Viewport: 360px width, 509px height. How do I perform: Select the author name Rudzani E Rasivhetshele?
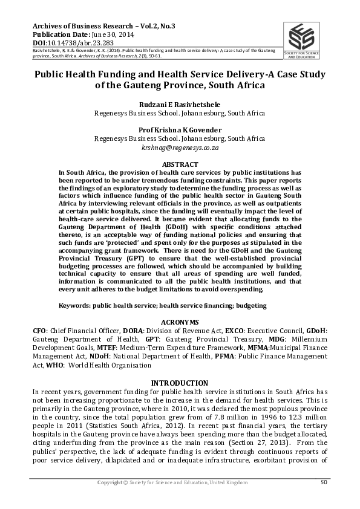[x=180, y=104]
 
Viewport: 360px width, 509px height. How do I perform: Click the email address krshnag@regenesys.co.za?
[x=180, y=147]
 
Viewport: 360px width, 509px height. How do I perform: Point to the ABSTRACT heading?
[x=180, y=164]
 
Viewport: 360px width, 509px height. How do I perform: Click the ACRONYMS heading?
[x=180, y=322]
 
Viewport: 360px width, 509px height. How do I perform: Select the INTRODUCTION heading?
[x=180, y=383]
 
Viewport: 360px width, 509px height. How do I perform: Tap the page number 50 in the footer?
[x=324, y=482]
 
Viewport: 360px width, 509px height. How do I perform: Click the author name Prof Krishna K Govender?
[x=180, y=130]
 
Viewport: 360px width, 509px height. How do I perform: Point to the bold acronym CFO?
[x=40, y=331]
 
